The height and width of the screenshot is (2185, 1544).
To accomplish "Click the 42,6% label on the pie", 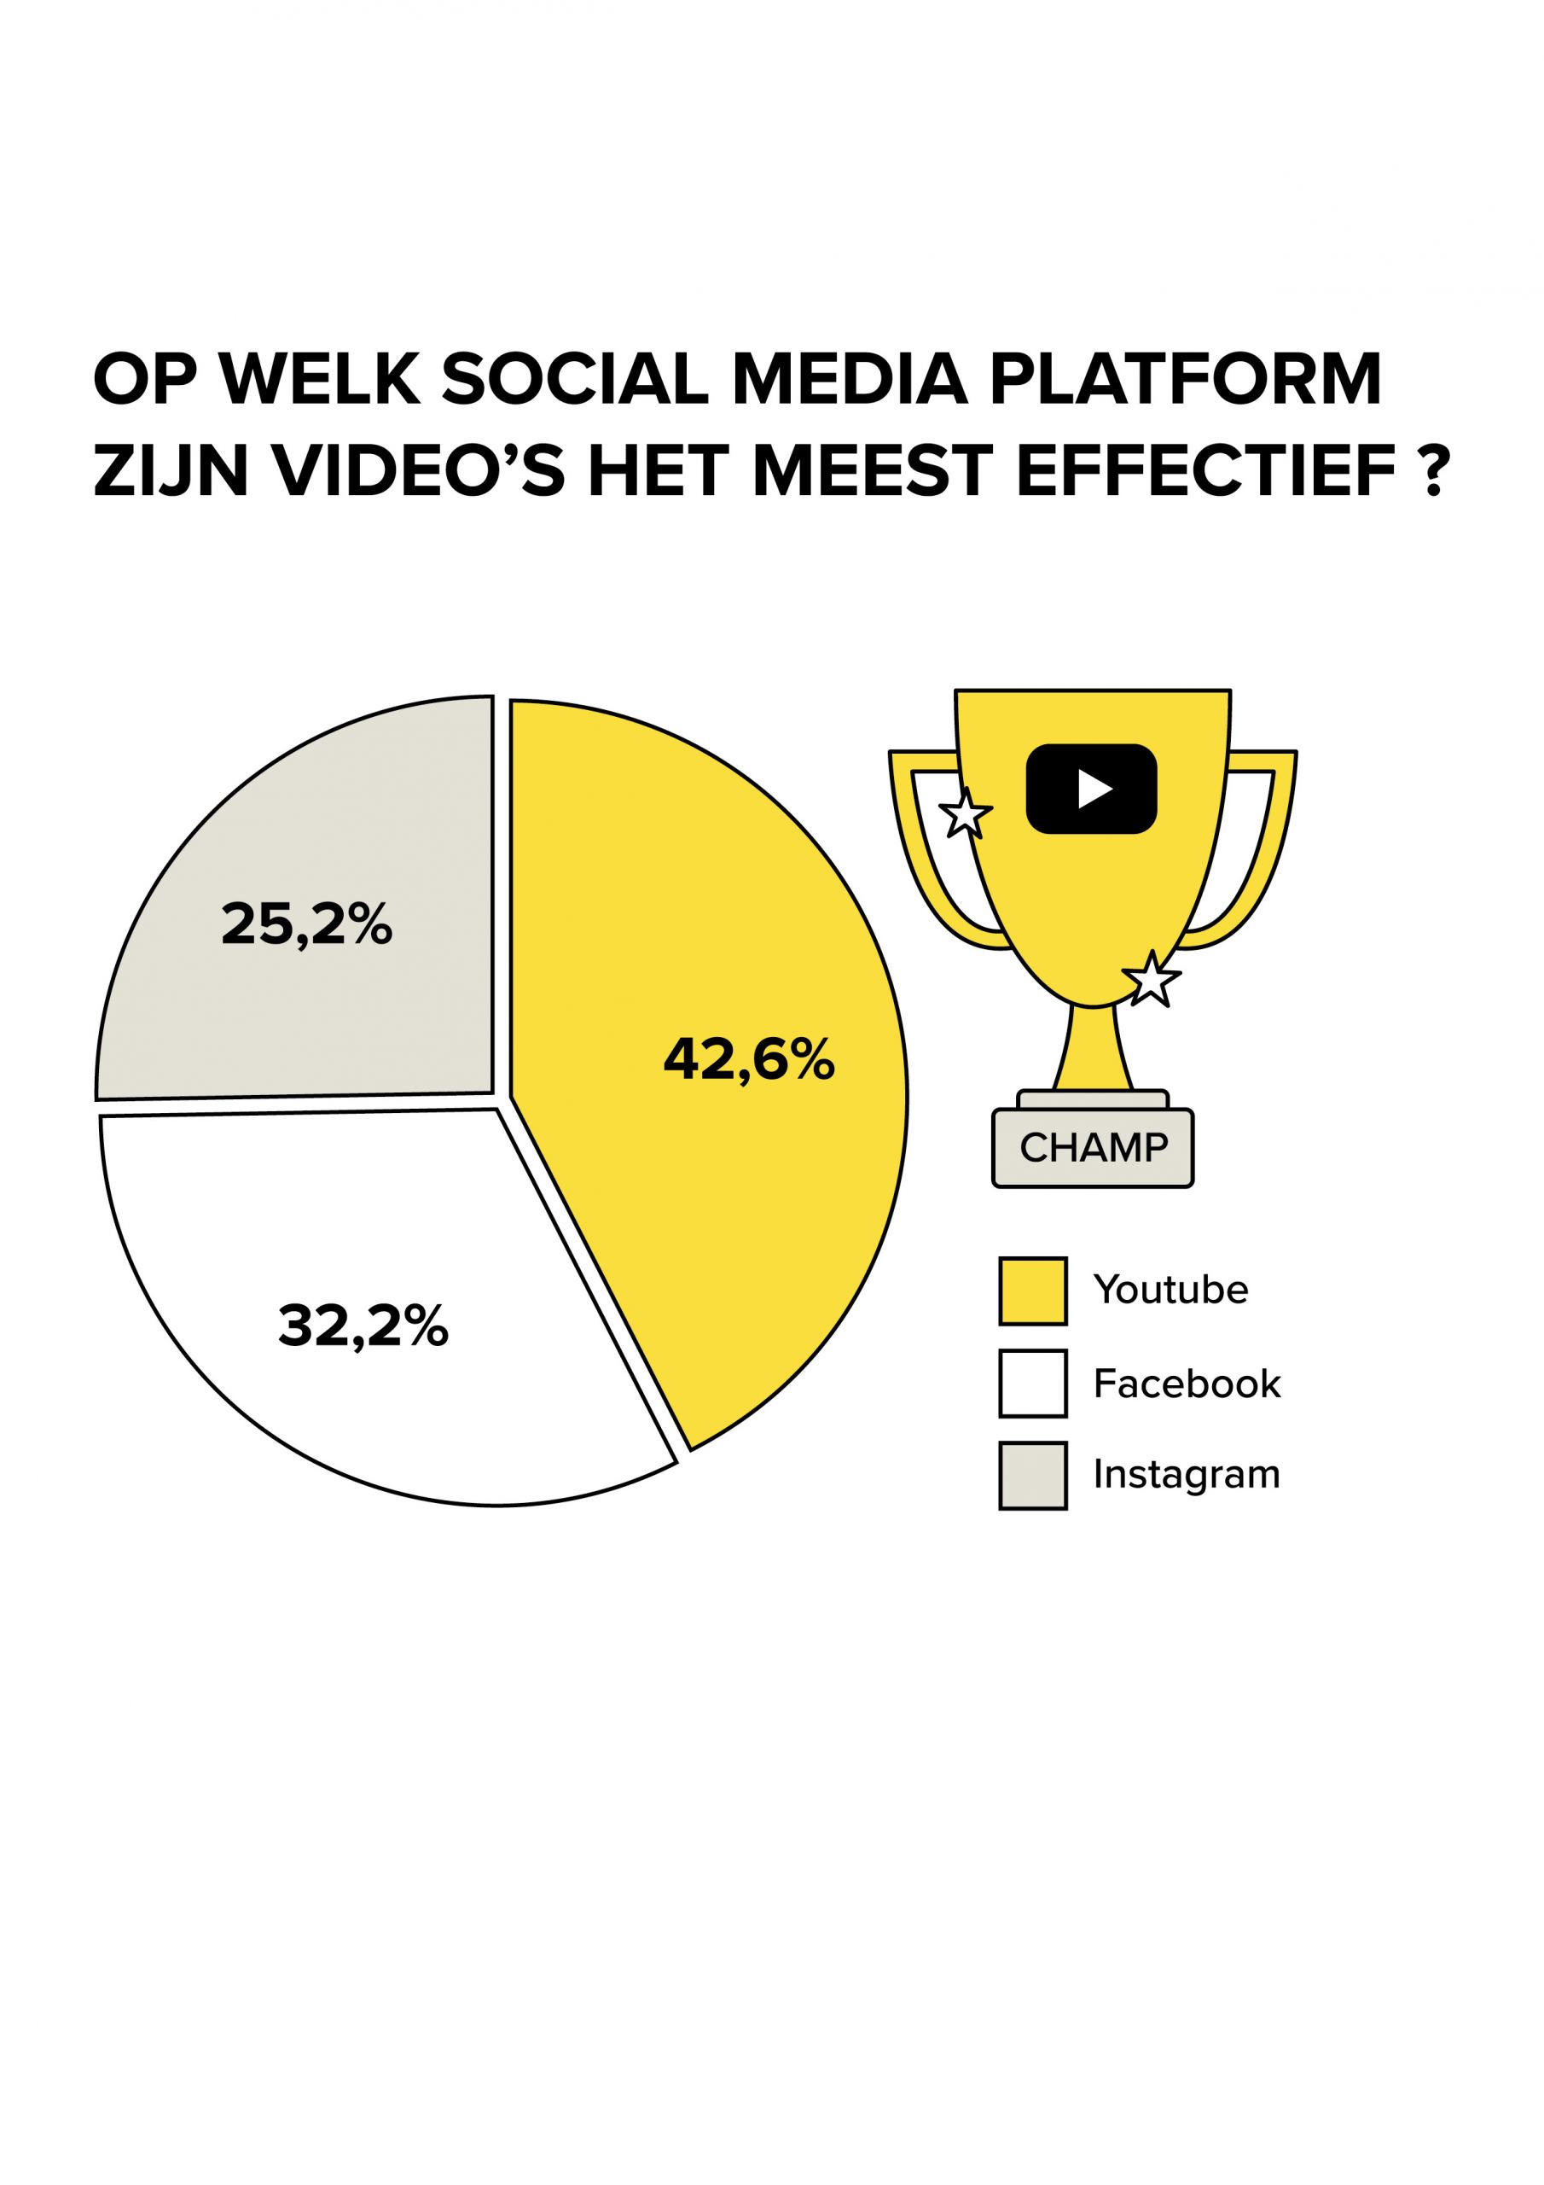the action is click(x=749, y=1059).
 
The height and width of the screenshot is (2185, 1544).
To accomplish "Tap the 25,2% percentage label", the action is click(x=306, y=924).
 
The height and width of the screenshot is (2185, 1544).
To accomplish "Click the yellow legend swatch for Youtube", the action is click(x=1032, y=1291).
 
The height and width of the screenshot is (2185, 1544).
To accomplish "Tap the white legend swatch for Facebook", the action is click(x=1032, y=1384).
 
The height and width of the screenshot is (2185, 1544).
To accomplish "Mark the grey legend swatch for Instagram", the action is click(x=1032, y=1476).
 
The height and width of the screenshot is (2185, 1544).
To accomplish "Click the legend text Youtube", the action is click(x=1170, y=1291).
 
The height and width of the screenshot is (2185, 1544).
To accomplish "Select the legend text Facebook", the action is click(x=1187, y=1384).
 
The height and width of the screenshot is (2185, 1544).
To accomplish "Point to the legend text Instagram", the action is click(x=1187, y=1476).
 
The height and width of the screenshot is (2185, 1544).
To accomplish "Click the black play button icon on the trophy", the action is click(x=1091, y=789).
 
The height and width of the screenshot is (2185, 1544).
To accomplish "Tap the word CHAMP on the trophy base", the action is click(x=1093, y=1148).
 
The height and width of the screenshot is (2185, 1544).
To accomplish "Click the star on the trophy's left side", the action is click(x=966, y=813).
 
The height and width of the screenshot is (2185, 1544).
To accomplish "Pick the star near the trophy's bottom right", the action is click(x=1151, y=978).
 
